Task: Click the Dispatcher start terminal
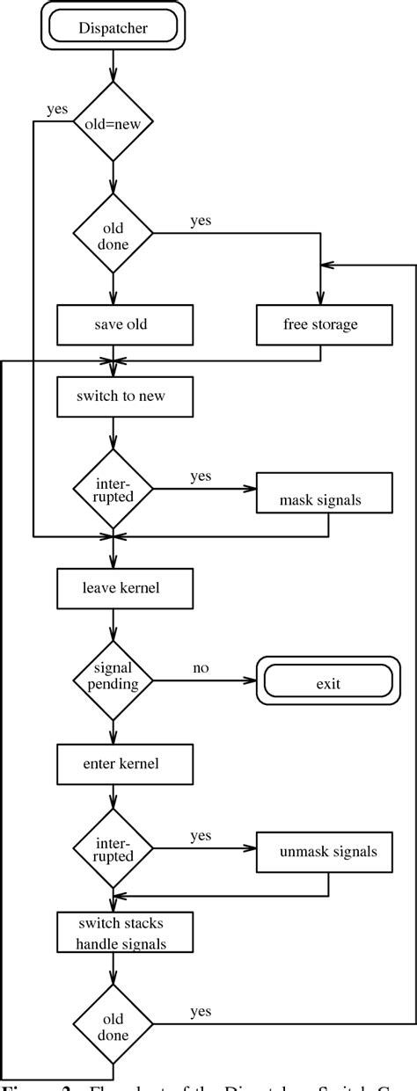point(113,28)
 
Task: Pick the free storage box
point(320,324)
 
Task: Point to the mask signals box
point(320,500)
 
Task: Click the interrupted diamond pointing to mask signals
point(113,489)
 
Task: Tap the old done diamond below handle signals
point(113,1023)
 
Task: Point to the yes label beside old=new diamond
point(57,110)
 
